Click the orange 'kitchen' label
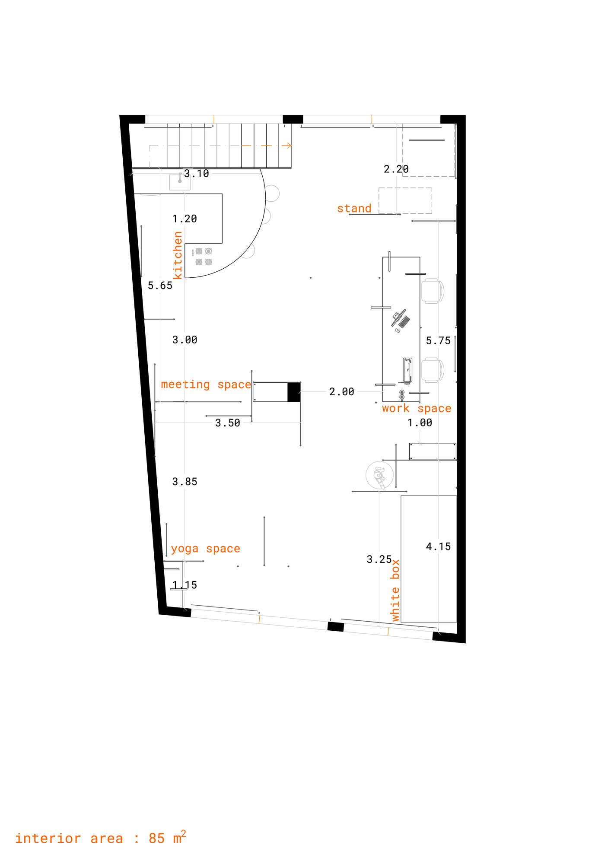click(x=178, y=255)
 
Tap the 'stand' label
click(x=354, y=208)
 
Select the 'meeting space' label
click(x=206, y=384)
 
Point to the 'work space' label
click(x=417, y=408)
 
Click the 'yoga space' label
click(x=206, y=549)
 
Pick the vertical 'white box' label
click(x=395, y=591)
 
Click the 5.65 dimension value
click(x=160, y=286)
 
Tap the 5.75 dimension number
click(x=438, y=341)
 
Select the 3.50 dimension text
click(x=228, y=423)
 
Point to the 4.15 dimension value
click(x=438, y=546)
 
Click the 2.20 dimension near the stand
click(x=396, y=169)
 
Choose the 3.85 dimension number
click(x=185, y=482)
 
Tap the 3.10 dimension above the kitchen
click(x=197, y=174)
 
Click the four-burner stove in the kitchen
click(x=204, y=256)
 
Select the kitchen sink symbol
click(x=180, y=181)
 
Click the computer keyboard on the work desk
click(x=404, y=322)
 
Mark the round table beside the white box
click(x=380, y=475)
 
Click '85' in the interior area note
click(x=156, y=839)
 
